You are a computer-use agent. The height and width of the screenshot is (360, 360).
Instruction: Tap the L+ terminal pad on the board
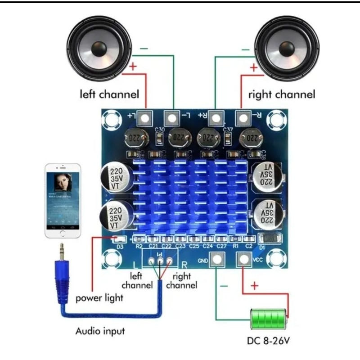coord(145,118)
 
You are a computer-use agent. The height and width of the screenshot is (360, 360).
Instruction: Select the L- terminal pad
coord(171,118)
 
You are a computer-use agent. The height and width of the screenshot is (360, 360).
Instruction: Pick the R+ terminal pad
coord(216,118)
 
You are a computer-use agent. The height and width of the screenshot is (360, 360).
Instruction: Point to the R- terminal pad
coord(243,118)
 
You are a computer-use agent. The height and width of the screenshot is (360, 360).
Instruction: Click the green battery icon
coord(269,320)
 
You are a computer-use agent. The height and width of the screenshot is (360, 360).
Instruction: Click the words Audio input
coord(100,332)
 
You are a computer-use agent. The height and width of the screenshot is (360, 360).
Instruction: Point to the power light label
coord(99,298)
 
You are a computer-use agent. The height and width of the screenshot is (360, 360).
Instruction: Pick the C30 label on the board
coord(159,130)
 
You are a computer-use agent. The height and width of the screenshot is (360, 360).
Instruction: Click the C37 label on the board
coord(228,130)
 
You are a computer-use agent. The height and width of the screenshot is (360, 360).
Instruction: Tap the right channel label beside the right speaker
coord(282,95)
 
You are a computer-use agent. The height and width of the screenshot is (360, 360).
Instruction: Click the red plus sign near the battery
coord(254,286)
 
